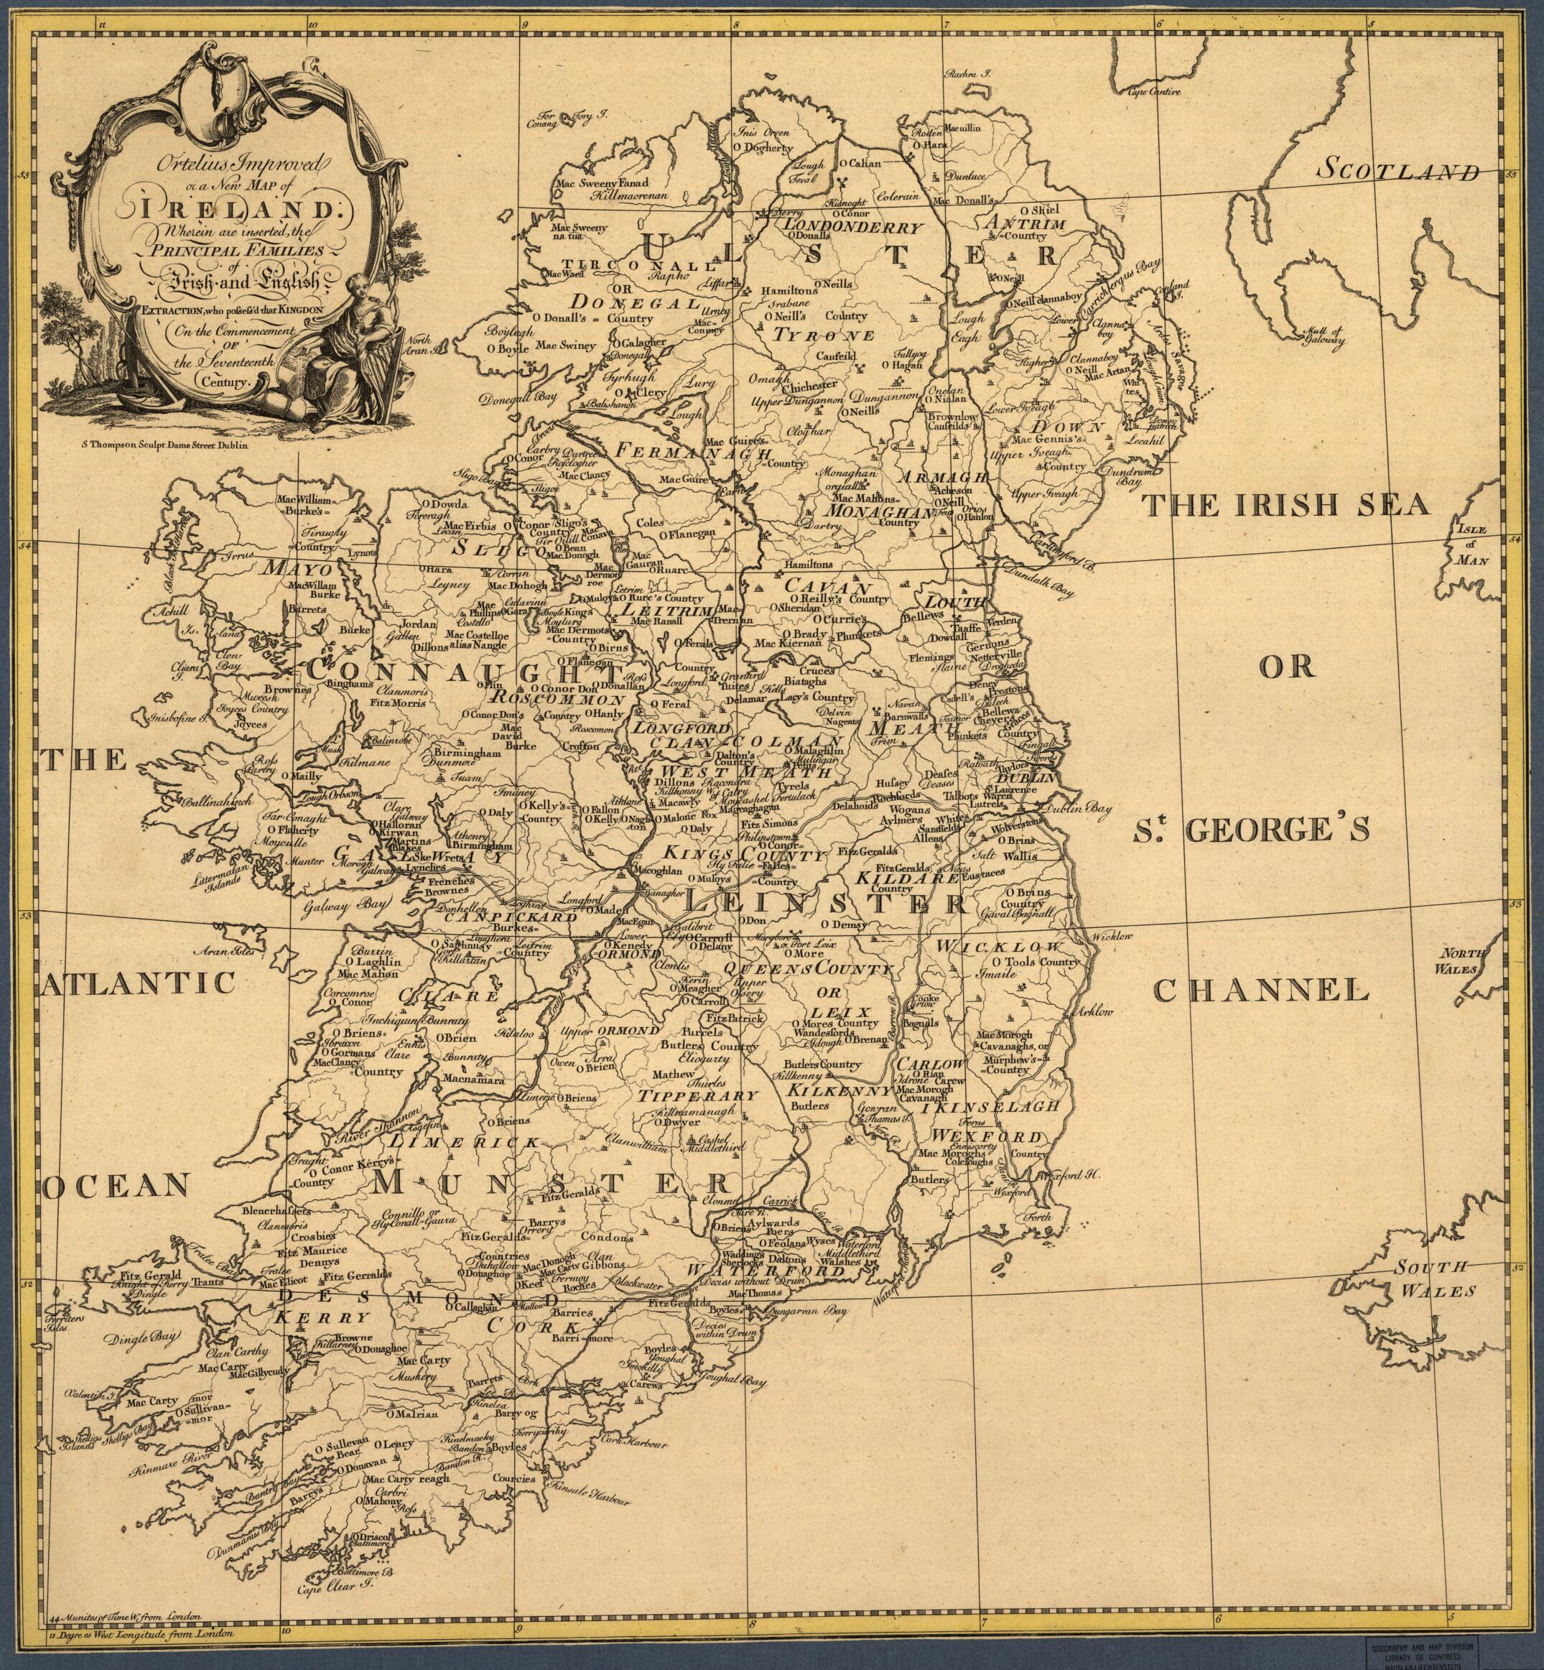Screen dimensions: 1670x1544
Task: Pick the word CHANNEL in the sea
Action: click(x=1262, y=991)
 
